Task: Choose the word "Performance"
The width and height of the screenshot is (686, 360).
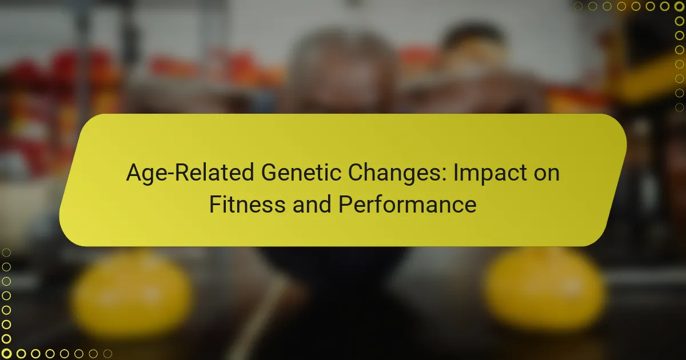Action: [408, 204]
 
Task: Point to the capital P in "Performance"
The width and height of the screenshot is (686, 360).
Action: [345, 204]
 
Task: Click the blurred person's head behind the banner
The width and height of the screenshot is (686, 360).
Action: [342, 69]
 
